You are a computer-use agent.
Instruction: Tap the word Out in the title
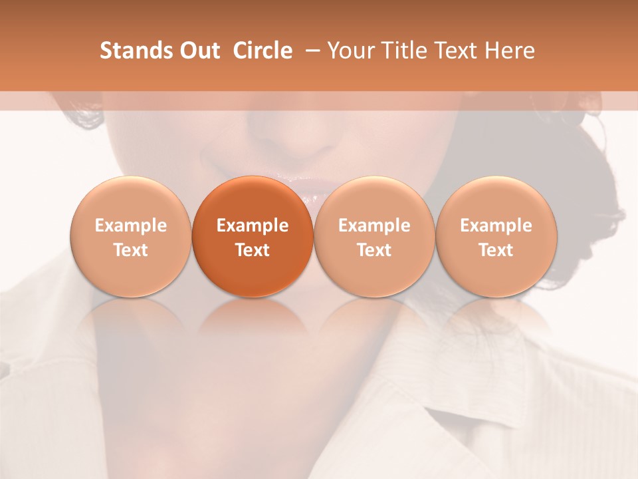pyautogui.click(x=199, y=51)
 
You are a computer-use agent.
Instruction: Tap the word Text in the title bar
pyautogui.click(x=459, y=51)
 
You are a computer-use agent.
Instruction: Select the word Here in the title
pyautogui.click(x=511, y=51)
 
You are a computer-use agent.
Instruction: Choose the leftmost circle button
pyautogui.click(x=130, y=237)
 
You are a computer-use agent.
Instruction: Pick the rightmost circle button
pyautogui.click(x=496, y=237)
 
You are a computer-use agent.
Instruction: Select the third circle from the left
pyautogui.click(x=374, y=237)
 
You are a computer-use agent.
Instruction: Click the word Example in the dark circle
pyautogui.click(x=253, y=226)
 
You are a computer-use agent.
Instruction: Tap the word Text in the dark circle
pyautogui.click(x=253, y=250)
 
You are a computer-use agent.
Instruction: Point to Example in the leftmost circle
pyautogui.click(x=130, y=226)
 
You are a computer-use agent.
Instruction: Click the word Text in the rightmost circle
pyautogui.click(x=496, y=250)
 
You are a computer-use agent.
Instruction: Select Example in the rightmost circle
pyautogui.click(x=496, y=226)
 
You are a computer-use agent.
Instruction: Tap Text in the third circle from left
pyautogui.click(x=374, y=250)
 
